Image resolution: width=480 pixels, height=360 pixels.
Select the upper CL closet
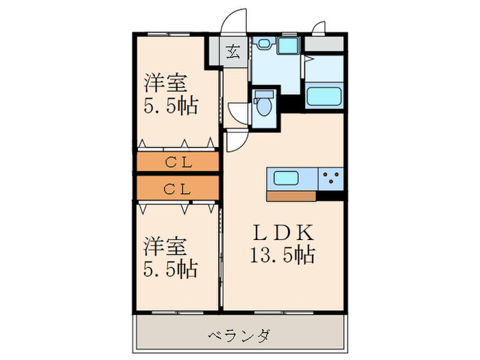tap(178, 162)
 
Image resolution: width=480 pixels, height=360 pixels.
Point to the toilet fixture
tap(263, 106)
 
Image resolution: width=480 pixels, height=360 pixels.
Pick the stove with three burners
tap(331, 178)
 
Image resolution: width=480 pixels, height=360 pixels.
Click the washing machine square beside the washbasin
tap(287, 46)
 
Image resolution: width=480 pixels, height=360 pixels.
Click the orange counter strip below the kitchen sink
tap(291, 195)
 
